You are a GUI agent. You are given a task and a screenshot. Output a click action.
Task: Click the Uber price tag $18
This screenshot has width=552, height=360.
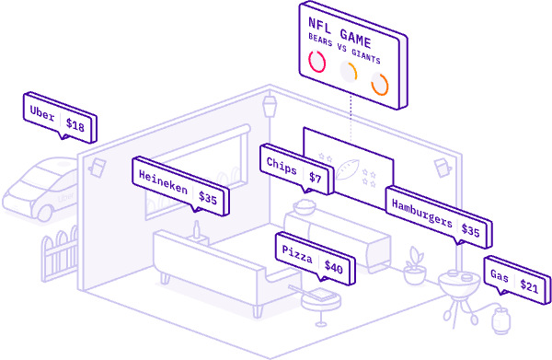click(x=75, y=126)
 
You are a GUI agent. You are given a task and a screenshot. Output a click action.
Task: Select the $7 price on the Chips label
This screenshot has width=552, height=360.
click(x=315, y=177)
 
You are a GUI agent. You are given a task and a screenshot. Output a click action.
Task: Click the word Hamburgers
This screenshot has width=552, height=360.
click(x=420, y=214)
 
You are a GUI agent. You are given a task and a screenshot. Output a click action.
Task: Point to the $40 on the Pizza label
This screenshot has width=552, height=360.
click(x=333, y=270)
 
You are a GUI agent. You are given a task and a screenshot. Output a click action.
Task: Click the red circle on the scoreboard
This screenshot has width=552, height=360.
click(x=317, y=62)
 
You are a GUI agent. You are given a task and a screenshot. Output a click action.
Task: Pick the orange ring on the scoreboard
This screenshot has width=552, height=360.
click(x=379, y=86)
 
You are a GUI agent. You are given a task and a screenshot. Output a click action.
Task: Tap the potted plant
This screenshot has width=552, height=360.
click(x=415, y=264)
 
